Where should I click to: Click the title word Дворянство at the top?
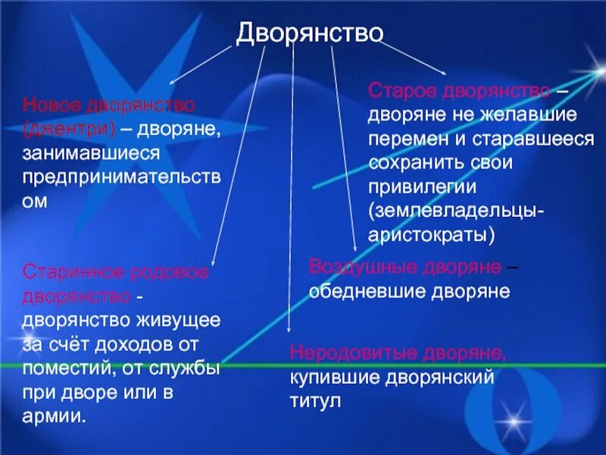click(310, 33)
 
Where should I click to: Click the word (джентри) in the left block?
click(69, 128)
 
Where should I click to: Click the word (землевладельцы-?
click(455, 211)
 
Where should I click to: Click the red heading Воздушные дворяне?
click(405, 268)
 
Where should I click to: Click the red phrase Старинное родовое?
click(116, 271)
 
